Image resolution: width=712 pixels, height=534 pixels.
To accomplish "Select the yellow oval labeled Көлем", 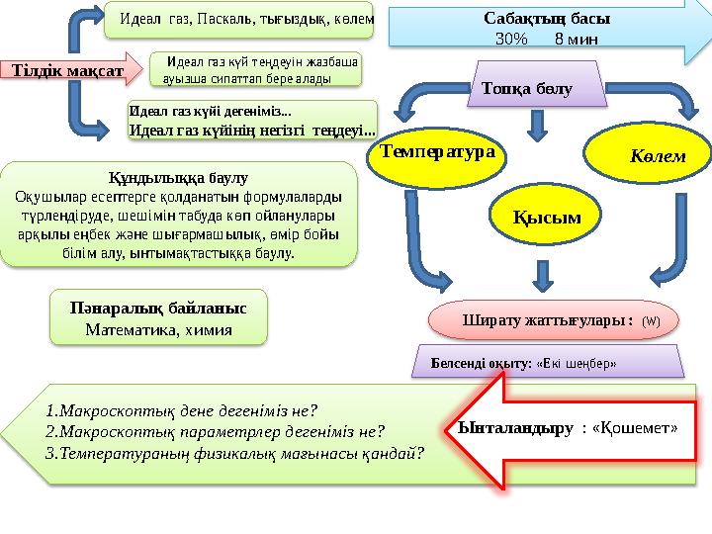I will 650,154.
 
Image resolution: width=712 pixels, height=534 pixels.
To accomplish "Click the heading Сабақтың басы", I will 547,19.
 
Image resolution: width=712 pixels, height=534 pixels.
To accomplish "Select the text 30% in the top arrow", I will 511,40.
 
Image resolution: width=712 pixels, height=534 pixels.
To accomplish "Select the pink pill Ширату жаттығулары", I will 547,320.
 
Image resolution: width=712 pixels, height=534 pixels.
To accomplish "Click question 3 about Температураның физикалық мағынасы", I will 235,453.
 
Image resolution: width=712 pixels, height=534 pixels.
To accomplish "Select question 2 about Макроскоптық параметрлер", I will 215,431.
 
